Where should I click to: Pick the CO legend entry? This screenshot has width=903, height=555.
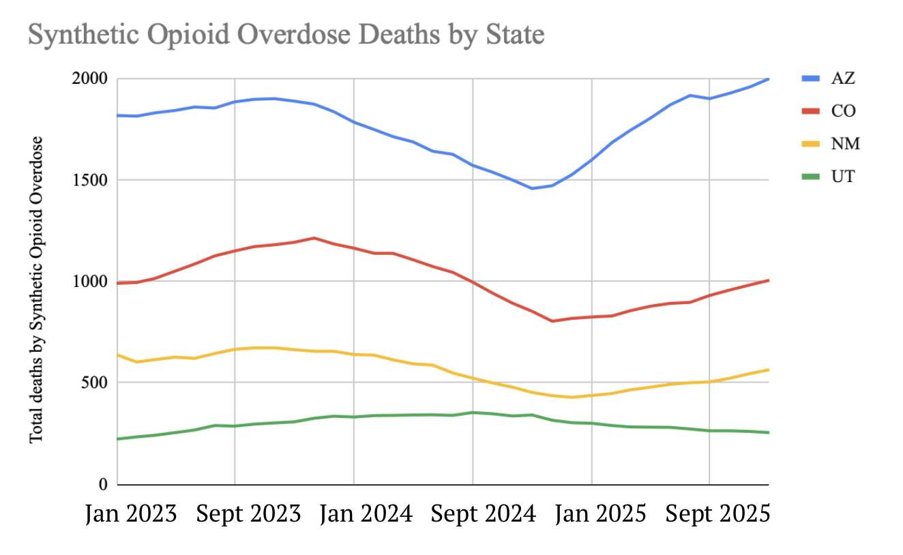coord(843,111)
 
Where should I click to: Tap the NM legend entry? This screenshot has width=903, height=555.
coord(845,144)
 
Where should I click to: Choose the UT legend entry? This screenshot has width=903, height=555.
coord(843,177)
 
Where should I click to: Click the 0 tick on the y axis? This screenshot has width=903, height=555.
coord(103,484)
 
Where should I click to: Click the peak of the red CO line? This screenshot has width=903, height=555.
coord(314,238)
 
